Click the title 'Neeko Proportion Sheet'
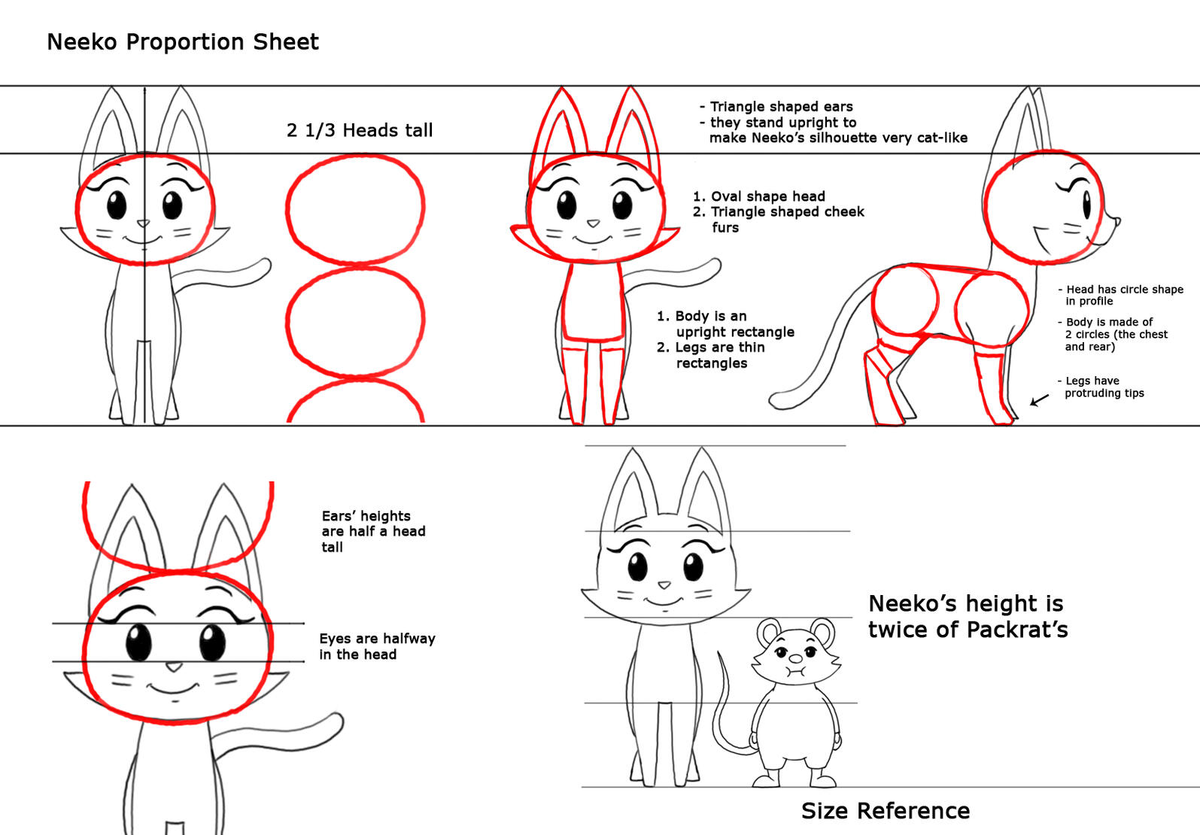click(183, 42)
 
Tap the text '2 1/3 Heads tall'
click(360, 130)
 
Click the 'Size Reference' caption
click(886, 811)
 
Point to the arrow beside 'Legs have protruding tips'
click(1039, 400)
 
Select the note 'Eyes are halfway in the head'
click(377, 646)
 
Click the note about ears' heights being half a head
click(373, 531)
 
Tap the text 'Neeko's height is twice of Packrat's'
click(968, 617)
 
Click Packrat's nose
click(796, 658)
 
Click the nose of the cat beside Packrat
click(664, 584)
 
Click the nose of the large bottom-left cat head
click(174, 667)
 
